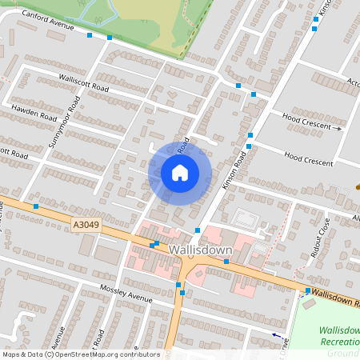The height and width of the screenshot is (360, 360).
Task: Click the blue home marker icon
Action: [x=180, y=172]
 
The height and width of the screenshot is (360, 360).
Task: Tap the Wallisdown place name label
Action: [x=201, y=250]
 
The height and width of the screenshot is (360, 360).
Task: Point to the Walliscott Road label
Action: [x=84, y=82]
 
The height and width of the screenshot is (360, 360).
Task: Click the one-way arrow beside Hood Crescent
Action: [x=337, y=128]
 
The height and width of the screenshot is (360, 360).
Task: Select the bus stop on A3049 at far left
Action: [x=36, y=206]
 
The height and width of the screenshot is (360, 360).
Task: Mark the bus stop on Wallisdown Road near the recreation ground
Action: [x=308, y=290]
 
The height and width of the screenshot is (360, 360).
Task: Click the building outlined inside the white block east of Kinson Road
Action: [x=244, y=217]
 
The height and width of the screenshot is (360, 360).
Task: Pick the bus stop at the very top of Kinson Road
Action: [x=314, y=30]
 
